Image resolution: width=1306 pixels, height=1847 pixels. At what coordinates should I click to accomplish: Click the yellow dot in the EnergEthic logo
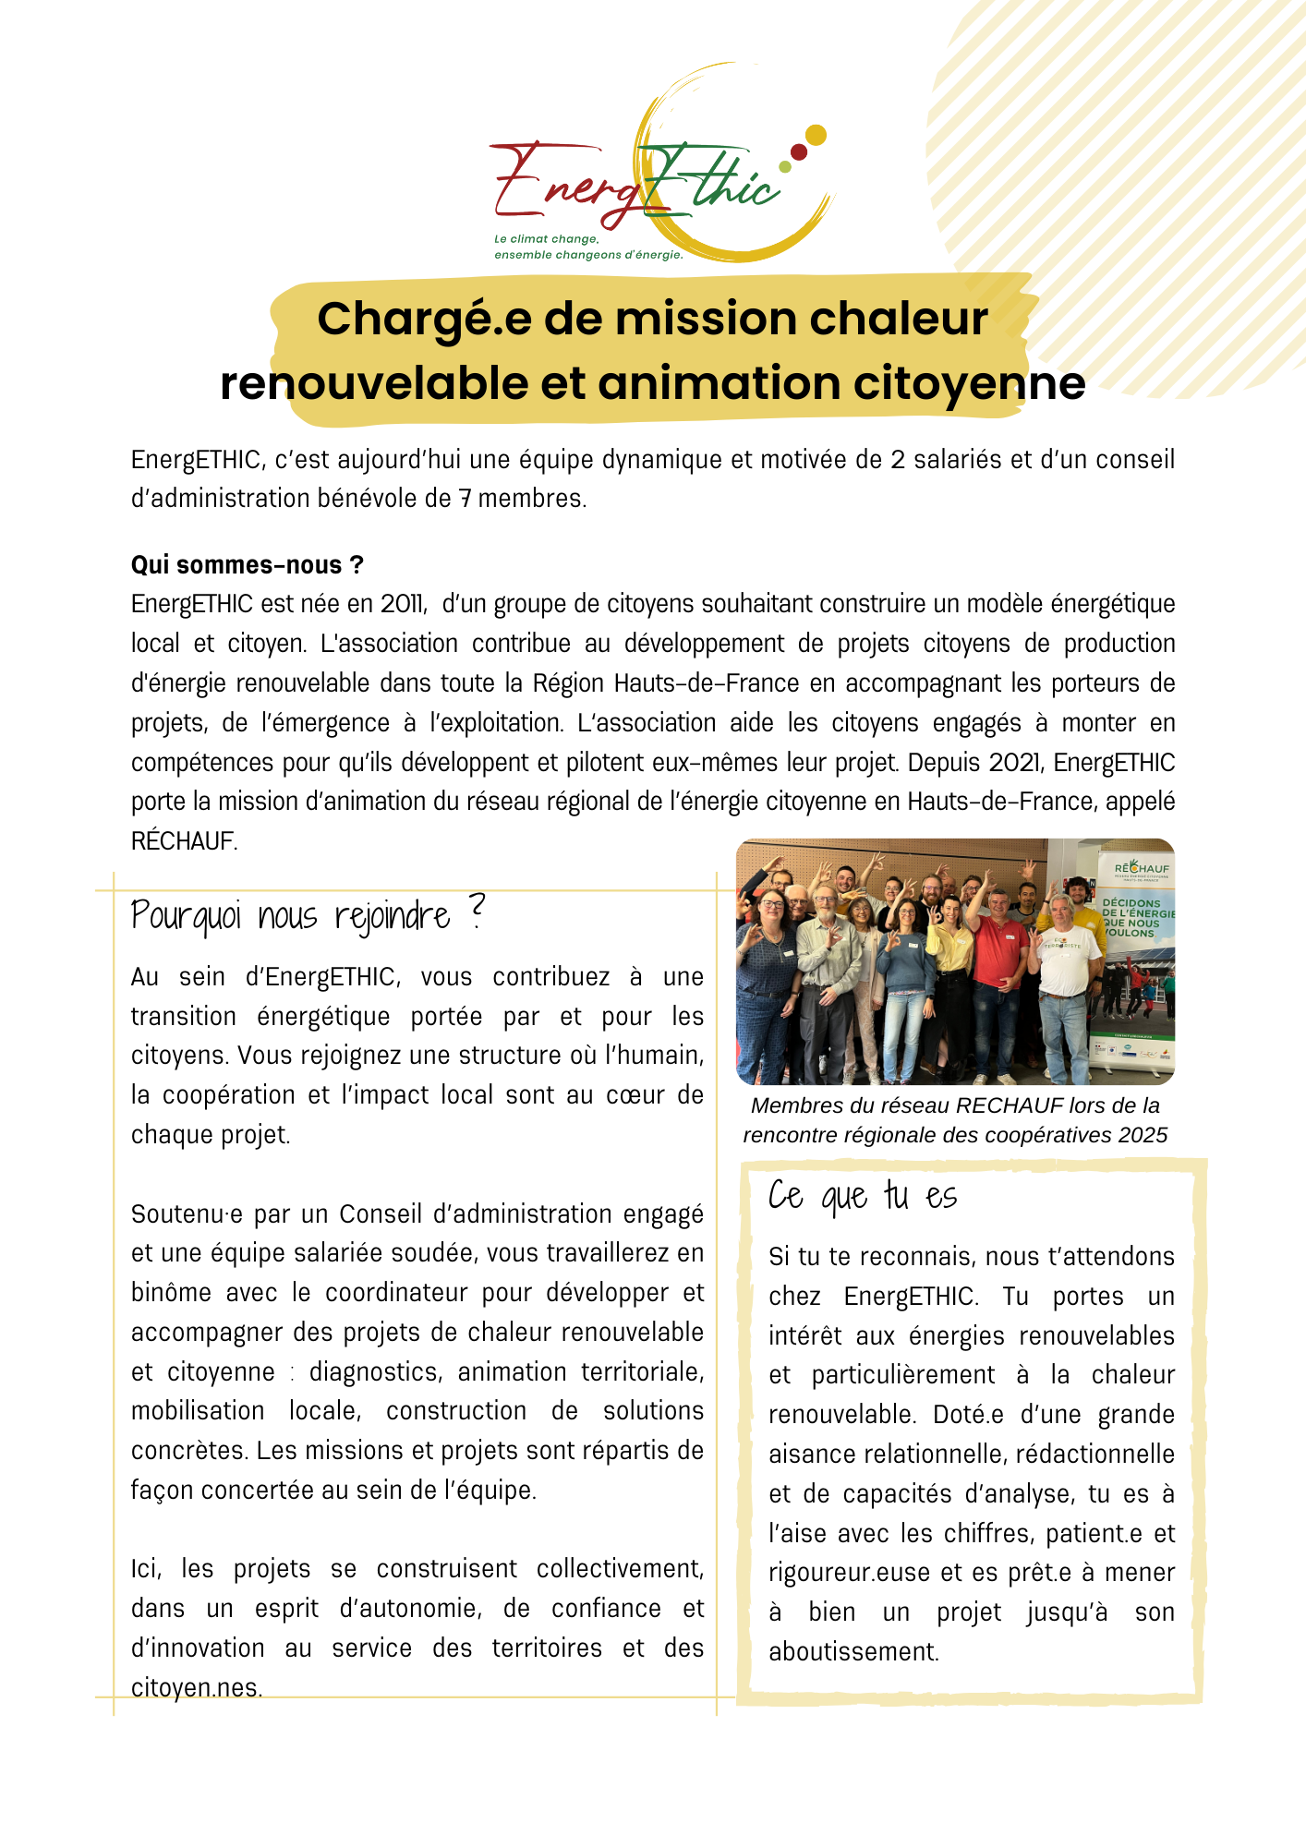815,136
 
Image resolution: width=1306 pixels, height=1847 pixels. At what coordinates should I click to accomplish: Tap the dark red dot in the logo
799,151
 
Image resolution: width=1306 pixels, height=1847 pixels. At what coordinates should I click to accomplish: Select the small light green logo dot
785,167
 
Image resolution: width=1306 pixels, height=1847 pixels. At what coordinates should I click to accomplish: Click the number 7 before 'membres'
466,499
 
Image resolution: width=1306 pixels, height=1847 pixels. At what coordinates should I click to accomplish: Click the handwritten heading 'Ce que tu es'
863,1196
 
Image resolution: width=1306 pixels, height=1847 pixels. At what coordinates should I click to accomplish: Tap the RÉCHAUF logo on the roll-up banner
1142,869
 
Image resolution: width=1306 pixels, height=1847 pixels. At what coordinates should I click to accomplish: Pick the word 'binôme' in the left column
172,1293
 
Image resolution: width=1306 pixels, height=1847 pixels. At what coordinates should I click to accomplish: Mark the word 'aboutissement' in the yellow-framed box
853,1652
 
